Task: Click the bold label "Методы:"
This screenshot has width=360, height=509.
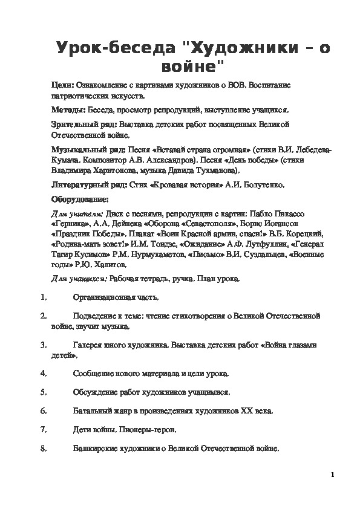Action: point(68,111)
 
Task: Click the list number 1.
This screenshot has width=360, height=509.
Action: point(43,297)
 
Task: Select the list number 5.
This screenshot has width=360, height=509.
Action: point(43,392)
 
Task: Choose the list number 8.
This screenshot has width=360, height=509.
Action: point(43,448)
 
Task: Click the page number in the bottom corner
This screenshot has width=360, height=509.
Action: point(333,475)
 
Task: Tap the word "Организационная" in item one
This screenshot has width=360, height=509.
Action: point(103,297)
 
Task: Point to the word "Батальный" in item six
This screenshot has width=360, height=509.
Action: point(92,410)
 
